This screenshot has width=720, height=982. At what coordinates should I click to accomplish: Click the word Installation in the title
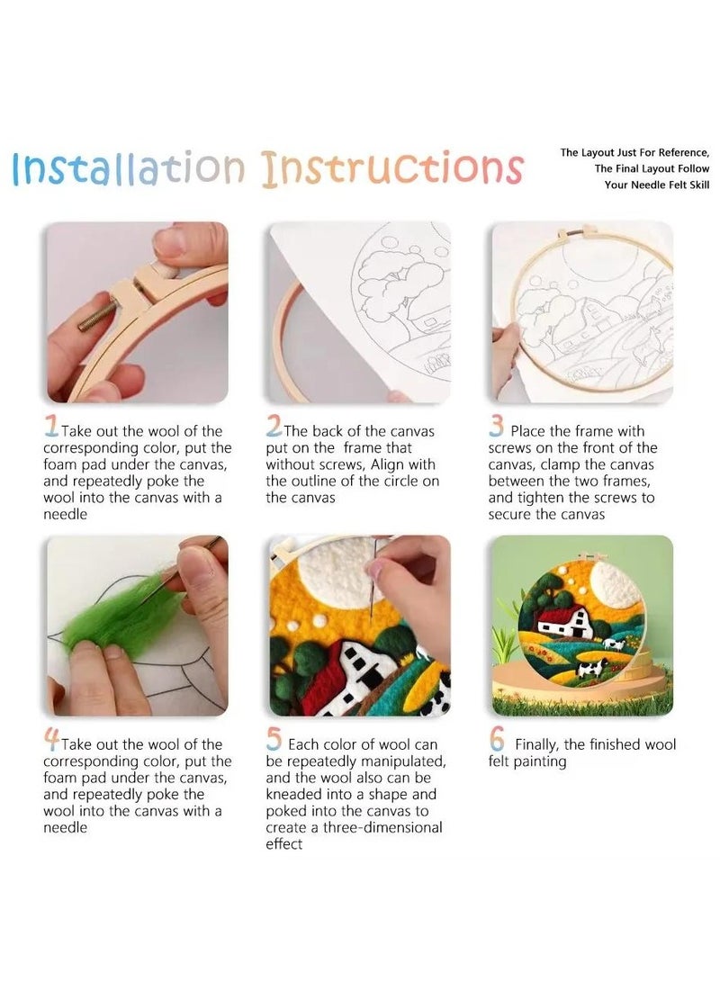[128, 168]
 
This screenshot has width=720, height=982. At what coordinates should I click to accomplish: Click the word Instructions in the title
[392, 168]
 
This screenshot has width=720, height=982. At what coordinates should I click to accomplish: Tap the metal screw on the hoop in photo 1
[97, 317]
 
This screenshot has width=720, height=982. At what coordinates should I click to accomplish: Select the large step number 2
[274, 428]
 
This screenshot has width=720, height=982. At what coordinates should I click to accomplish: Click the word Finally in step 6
[541, 744]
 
